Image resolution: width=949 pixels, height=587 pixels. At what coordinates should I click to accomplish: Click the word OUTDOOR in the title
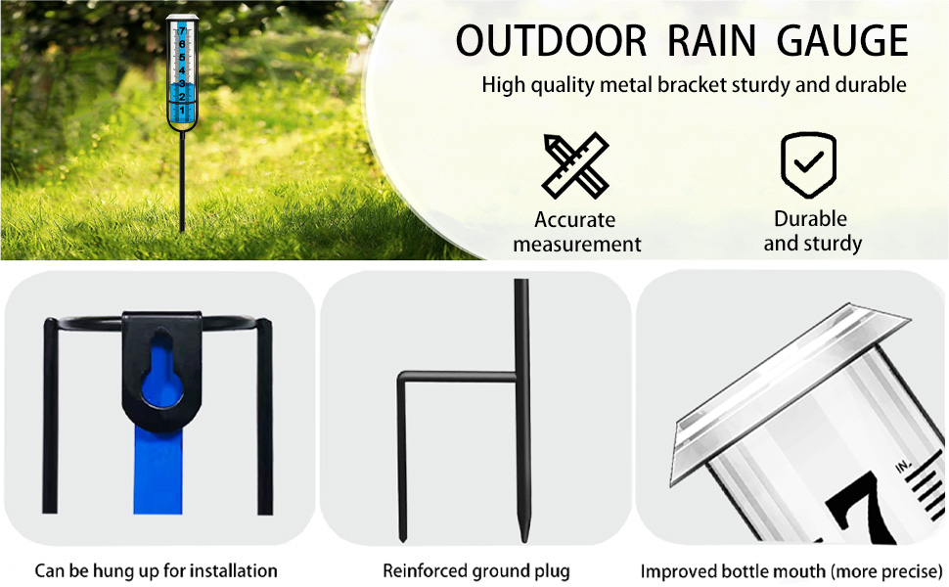pyautogui.click(x=551, y=41)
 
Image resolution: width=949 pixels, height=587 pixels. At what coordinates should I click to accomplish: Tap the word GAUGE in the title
pyautogui.click(x=842, y=41)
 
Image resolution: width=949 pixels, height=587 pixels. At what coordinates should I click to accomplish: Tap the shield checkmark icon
pyautogui.click(x=808, y=164)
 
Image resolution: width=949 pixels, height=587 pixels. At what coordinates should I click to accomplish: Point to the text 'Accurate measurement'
pyautogui.click(x=576, y=232)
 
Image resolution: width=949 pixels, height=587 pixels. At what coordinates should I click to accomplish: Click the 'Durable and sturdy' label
pyautogui.click(x=811, y=231)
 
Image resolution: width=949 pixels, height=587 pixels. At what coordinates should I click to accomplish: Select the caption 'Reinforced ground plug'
pyautogui.click(x=475, y=570)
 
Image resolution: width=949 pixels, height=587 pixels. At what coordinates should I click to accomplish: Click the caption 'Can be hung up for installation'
pyautogui.click(x=157, y=570)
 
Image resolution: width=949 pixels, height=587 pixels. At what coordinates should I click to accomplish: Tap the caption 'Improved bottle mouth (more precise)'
pyautogui.click(x=791, y=570)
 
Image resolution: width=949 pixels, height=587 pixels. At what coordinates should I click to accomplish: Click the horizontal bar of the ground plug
pyautogui.click(x=456, y=377)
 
